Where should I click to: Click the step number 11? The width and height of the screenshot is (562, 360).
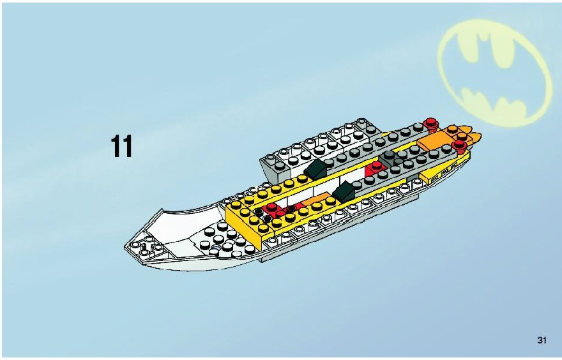click(122, 146)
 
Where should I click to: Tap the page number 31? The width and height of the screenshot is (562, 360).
click(542, 340)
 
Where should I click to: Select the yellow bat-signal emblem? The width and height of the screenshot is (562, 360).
click(494, 73)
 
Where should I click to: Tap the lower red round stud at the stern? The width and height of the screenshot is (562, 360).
click(459, 146)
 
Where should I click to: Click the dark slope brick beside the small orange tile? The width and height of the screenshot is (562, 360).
click(344, 191)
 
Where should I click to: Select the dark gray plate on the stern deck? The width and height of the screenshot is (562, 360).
click(391, 158)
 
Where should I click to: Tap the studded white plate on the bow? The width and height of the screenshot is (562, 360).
click(222, 241)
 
